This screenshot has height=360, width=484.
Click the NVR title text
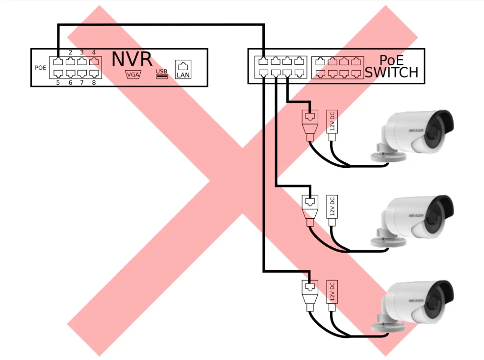132,59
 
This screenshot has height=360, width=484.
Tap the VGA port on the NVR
133,75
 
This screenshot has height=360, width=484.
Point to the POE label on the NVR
41,68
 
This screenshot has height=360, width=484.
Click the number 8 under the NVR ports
94,82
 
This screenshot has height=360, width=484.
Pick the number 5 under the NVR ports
58,82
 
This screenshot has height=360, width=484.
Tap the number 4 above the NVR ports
94,52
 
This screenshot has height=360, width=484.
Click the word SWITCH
391,73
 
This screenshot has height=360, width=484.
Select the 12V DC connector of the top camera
332,122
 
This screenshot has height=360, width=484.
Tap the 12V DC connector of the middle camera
332,207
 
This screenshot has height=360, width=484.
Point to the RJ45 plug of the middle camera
309,206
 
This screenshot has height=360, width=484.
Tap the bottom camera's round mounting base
387,326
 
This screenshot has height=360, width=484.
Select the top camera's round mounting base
387,156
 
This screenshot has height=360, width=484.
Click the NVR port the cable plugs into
58,62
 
